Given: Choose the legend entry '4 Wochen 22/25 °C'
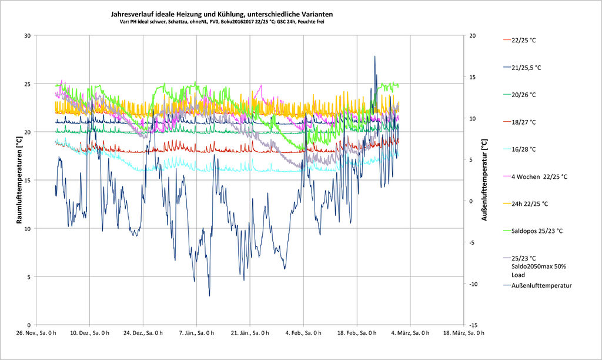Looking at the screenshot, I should point(539,176).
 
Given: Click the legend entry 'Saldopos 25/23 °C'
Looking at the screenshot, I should point(537,231).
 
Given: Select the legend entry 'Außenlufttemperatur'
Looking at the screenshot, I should point(541,286).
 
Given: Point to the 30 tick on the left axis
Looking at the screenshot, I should point(27,35).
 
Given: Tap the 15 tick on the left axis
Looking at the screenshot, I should point(27,180).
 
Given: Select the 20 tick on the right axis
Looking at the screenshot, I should point(473,35).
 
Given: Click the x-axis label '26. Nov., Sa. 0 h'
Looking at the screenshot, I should point(36,334).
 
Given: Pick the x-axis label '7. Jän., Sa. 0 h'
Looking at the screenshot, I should point(197,334).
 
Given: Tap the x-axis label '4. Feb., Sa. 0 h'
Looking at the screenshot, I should point(303,334).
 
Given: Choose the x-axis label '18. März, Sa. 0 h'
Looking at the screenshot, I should point(464,334).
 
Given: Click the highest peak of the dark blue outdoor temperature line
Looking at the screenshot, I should point(374,56).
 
